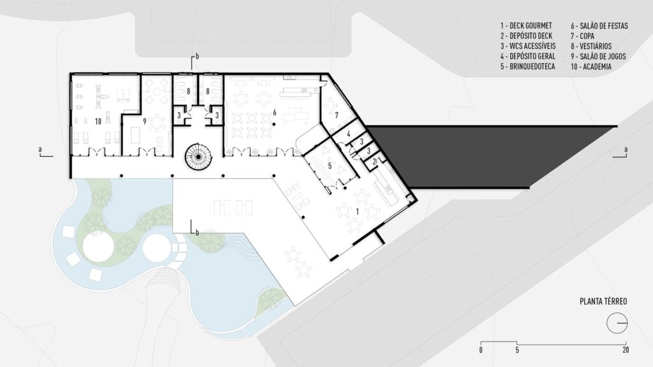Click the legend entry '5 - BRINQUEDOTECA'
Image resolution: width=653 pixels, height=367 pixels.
[x=529, y=66]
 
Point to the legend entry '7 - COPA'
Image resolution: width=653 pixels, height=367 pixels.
[x=583, y=36]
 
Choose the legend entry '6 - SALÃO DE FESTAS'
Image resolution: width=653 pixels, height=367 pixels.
[x=599, y=26]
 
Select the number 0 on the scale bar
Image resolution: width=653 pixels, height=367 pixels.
[x=481, y=350]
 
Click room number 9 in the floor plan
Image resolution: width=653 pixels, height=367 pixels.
[x=145, y=120]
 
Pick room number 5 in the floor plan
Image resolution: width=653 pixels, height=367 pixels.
[x=330, y=165]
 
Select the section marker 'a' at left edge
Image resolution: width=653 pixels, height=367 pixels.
[x=40, y=151]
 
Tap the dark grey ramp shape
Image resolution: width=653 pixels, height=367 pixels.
[x=485, y=153]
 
